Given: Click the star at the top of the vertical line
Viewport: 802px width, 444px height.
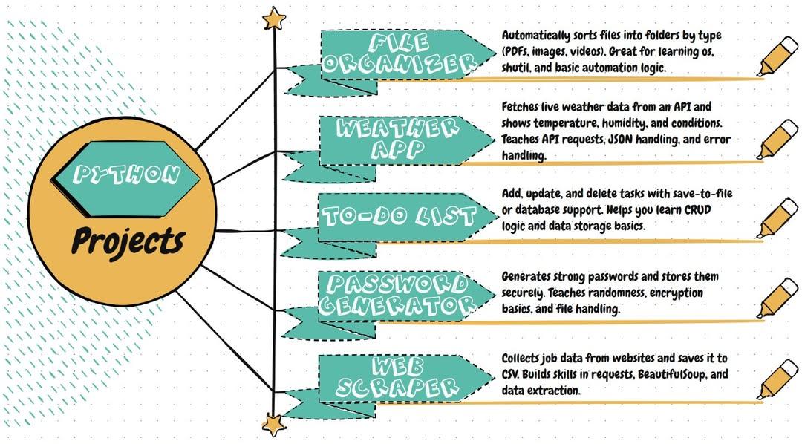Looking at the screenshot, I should click(x=273, y=18).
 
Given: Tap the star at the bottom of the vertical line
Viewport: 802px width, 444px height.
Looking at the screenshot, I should click(x=273, y=425).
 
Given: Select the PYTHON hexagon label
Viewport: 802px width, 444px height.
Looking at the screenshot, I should click(x=128, y=175).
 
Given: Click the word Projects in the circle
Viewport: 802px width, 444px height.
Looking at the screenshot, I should click(x=127, y=240).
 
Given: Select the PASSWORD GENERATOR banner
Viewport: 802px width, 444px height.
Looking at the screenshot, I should click(x=400, y=293).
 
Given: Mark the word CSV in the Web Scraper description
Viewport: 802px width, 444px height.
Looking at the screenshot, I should click(x=512, y=374).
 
